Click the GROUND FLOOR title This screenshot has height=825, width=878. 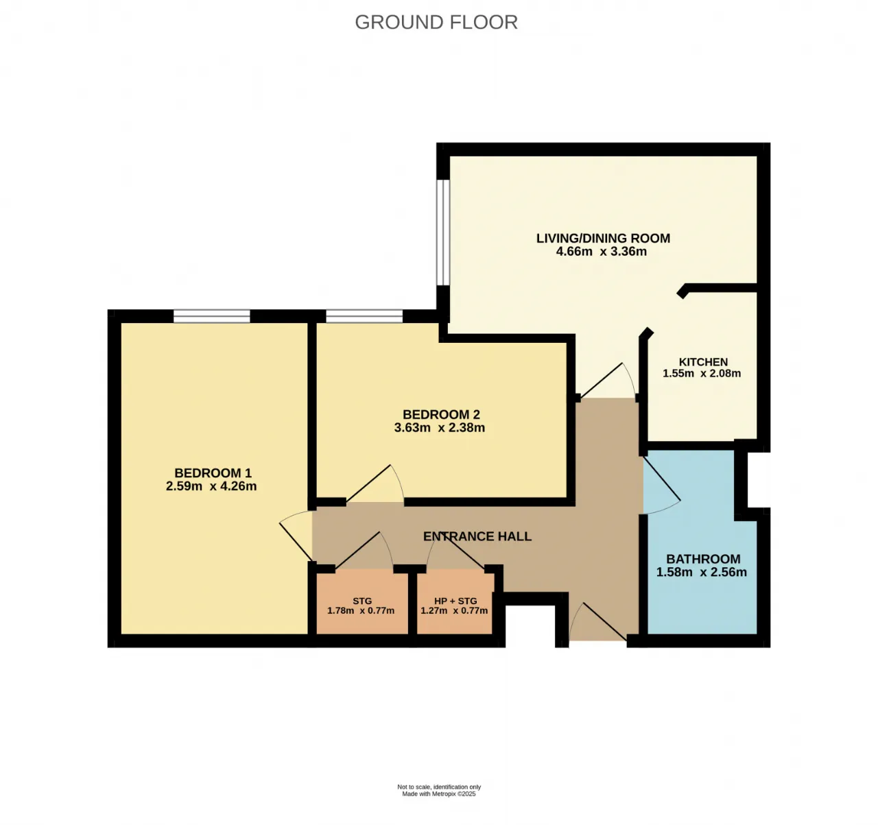click(436, 22)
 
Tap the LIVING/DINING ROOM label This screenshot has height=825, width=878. click(603, 238)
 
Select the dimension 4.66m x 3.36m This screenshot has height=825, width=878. click(602, 252)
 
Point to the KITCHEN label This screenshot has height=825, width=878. click(703, 361)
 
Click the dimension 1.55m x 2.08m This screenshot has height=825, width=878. click(702, 373)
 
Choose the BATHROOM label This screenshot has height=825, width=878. click(703, 559)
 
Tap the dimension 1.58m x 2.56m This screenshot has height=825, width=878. click(702, 572)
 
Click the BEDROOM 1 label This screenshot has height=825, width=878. click(213, 473)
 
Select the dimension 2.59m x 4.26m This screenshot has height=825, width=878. click(211, 486)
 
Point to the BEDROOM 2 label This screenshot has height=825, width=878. click(441, 415)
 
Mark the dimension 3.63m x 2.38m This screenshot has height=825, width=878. click(440, 428)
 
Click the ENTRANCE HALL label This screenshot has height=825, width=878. click(477, 536)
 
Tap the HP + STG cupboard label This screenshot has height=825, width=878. click(455, 601)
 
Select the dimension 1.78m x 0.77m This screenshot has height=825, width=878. click(361, 611)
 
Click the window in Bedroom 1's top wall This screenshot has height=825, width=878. click(212, 316)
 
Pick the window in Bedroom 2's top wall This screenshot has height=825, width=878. click(365, 316)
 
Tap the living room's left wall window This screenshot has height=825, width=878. click(443, 232)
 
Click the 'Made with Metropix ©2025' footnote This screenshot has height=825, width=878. click(438, 793)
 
